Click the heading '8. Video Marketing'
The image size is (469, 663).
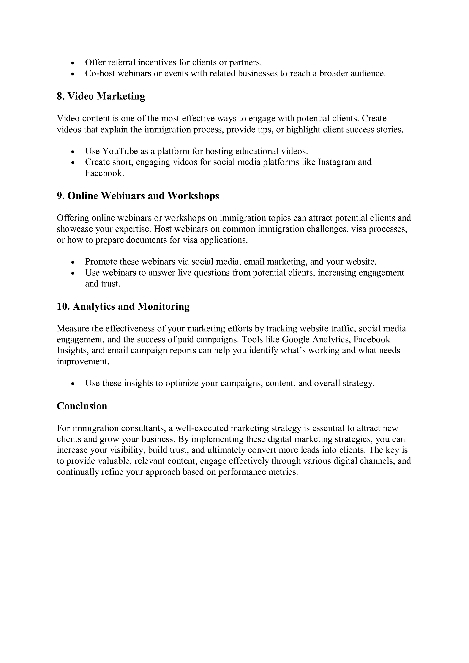101,96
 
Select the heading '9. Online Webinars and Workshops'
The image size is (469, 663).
138,196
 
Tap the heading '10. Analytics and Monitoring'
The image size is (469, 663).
123,306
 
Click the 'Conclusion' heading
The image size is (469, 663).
82,406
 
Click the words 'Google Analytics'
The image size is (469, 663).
316,339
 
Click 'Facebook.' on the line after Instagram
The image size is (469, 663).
104,173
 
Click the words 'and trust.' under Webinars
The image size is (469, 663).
102,284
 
